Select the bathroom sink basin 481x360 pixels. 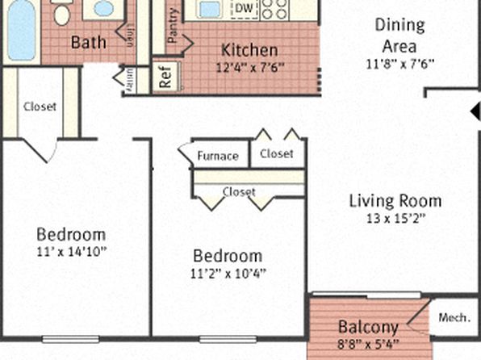(103, 9)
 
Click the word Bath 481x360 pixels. (88, 41)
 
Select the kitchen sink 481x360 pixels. (210, 9)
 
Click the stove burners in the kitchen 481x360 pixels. (275, 9)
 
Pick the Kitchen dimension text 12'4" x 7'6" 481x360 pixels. (250, 68)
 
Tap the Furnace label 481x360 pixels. (218, 156)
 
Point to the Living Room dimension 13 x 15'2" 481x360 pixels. (395, 218)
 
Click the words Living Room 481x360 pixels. (395, 201)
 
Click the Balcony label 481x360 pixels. (368, 328)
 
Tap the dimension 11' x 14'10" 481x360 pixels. (71, 251)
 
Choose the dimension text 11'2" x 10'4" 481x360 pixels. (228, 272)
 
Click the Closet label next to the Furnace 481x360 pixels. (277, 153)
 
